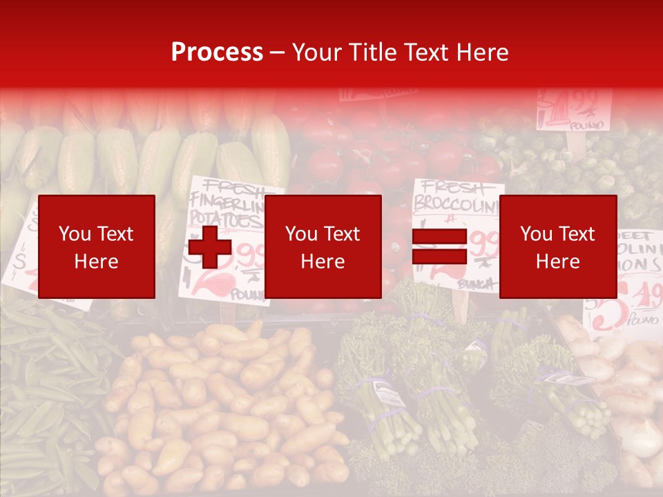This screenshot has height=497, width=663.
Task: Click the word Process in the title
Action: coord(217,52)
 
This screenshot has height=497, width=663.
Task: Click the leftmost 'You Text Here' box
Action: coord(97,246)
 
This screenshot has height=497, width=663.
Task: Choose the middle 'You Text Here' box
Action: coord(323,246)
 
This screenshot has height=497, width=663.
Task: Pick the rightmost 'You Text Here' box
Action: coord(557,246)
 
